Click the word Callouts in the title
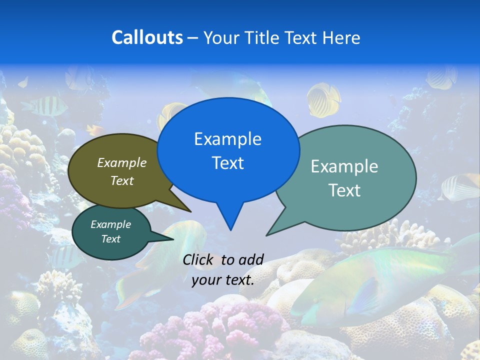[x=147, y=37]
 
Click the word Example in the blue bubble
[x=227, y=139]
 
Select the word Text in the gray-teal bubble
[x=344, y=190]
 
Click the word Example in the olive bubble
[x=122, y=162]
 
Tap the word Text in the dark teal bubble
[x=110, y=239]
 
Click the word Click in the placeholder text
[x=198, y=259]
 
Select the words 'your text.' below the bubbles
[x=223, y=280]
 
